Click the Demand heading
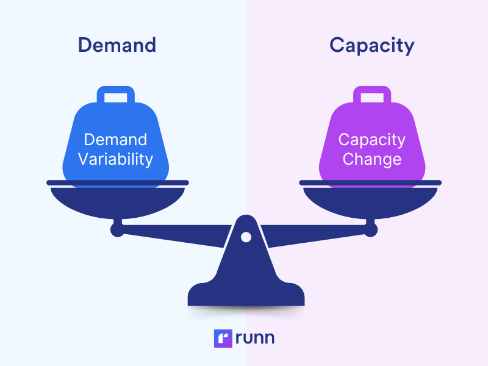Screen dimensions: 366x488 pyautogui.click(x=117, y=45)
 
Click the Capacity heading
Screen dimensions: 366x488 pyautogui.click(x=371, y=45)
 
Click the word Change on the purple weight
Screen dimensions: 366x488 pyautogui.click(x=371, y=159)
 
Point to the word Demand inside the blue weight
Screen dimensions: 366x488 pyautogui.click(x=115, y=139)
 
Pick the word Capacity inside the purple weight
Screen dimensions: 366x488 pyautogui.click(x=371, y=139)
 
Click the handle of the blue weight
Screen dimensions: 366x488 pyautogui.click(x=116, y=95)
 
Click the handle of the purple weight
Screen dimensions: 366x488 pyautogui.click(x=372, y=95)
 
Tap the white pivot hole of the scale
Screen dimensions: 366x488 pyautogui.click(x=246, y=237)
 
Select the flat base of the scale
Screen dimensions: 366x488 pyautogui.click(x=246, y=296)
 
